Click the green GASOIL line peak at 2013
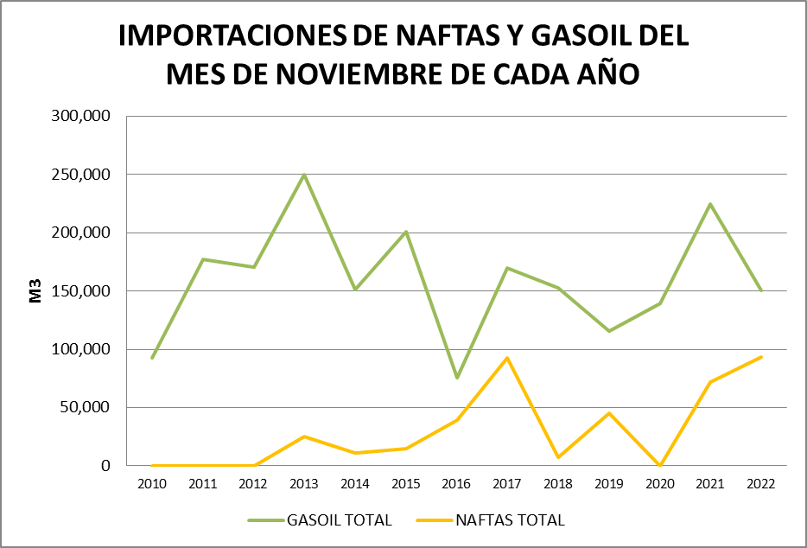[304, 175]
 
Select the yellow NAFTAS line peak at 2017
[507, 358]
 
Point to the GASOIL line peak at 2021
[710, 204]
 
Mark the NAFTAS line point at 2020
[659, 465]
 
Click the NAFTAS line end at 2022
[760, 357]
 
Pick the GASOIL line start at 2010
[152, 358]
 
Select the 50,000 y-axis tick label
[88, 407]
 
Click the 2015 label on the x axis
[406, 484]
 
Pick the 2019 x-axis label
[609, 484]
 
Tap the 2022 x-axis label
[761, 484]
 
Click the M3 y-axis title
[36, 290]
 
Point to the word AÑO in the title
[607, 74]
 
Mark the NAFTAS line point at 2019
[609, 413]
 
